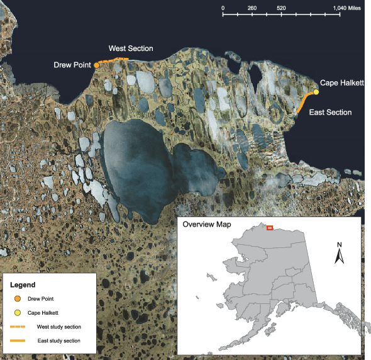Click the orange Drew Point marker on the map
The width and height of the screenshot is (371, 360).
click(97, 64)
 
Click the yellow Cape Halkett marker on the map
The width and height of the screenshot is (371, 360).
click(316, 92)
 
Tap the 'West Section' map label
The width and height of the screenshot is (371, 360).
click(131, 48)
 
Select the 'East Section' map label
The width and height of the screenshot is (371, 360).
click(330, 112)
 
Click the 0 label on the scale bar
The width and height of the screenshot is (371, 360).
click(223, 8)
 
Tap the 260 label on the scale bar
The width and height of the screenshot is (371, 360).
click(252, 8)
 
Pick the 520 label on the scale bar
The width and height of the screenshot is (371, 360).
click(281, 8)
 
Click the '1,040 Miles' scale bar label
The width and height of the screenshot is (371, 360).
click(346, 8)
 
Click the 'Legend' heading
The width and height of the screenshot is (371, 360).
click(23, 284)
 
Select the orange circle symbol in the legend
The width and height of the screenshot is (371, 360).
click(18, 299)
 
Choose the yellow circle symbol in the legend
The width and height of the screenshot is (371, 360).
click(18, 313)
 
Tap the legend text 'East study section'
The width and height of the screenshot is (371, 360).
click(59, 341)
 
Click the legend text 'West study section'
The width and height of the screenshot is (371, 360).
click(59, 327)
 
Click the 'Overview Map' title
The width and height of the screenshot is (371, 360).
click(206, 225)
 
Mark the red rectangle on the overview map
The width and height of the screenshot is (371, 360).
click(270, 228)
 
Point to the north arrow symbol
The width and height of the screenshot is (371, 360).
click(338, 256)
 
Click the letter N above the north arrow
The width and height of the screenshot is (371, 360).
click(339, 244)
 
